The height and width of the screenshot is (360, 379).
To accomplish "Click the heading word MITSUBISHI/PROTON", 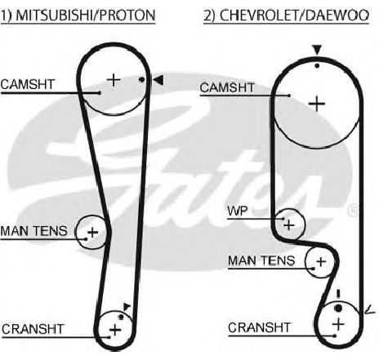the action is click(x=86, y=16).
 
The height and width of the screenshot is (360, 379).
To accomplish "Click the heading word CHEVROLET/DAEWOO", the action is click(x=294, y=16).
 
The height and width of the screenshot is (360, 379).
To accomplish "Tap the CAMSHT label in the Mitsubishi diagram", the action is click(x=28, y=84).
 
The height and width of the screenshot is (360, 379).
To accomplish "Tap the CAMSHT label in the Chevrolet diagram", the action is click(x=227, y=87).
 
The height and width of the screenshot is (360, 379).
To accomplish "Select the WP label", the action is click(x=238, y=211).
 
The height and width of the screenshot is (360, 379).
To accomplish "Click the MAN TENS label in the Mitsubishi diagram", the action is click(x=33, y=231).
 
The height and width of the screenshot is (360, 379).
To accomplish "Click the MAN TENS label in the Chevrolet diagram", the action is click(x=261, y=260).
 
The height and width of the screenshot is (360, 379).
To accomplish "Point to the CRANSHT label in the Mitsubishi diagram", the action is click(x=33, y=329).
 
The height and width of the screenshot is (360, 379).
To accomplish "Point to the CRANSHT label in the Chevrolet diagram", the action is click(x=260, y=327).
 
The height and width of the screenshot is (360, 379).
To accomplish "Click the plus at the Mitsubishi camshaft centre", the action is click(x=114, y=80).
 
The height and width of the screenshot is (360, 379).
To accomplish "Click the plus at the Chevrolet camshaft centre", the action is click(x=317, y=104).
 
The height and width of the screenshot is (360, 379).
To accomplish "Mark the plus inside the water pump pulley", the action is click(x=289, y=225).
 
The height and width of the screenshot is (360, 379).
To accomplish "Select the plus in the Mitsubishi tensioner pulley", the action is click(x=93, y=233).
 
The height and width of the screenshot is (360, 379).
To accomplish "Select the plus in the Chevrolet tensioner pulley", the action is click(x=321, y=262).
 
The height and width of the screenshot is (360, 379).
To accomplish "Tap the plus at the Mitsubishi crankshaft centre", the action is click(x=115, y=330).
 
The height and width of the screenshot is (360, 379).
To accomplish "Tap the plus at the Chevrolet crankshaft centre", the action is click(x=338, y=324).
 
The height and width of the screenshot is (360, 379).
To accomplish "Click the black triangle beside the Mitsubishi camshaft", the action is click(x=158, y=80).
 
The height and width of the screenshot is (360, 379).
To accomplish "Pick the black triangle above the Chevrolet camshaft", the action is click(x=317, y=50).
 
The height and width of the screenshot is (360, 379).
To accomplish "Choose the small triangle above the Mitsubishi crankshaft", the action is click(x=127, y=307).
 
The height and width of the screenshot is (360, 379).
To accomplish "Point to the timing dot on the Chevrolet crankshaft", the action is click(x=338, y=309).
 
